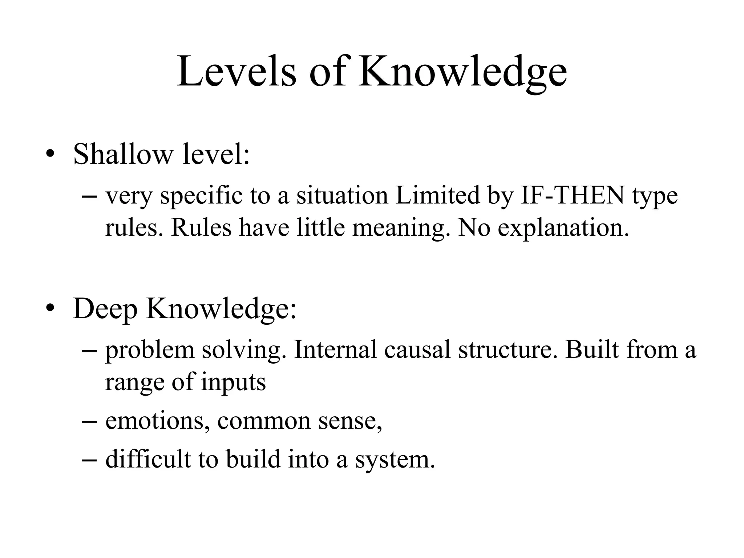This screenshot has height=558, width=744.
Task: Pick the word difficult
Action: click(x=148, y=459)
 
